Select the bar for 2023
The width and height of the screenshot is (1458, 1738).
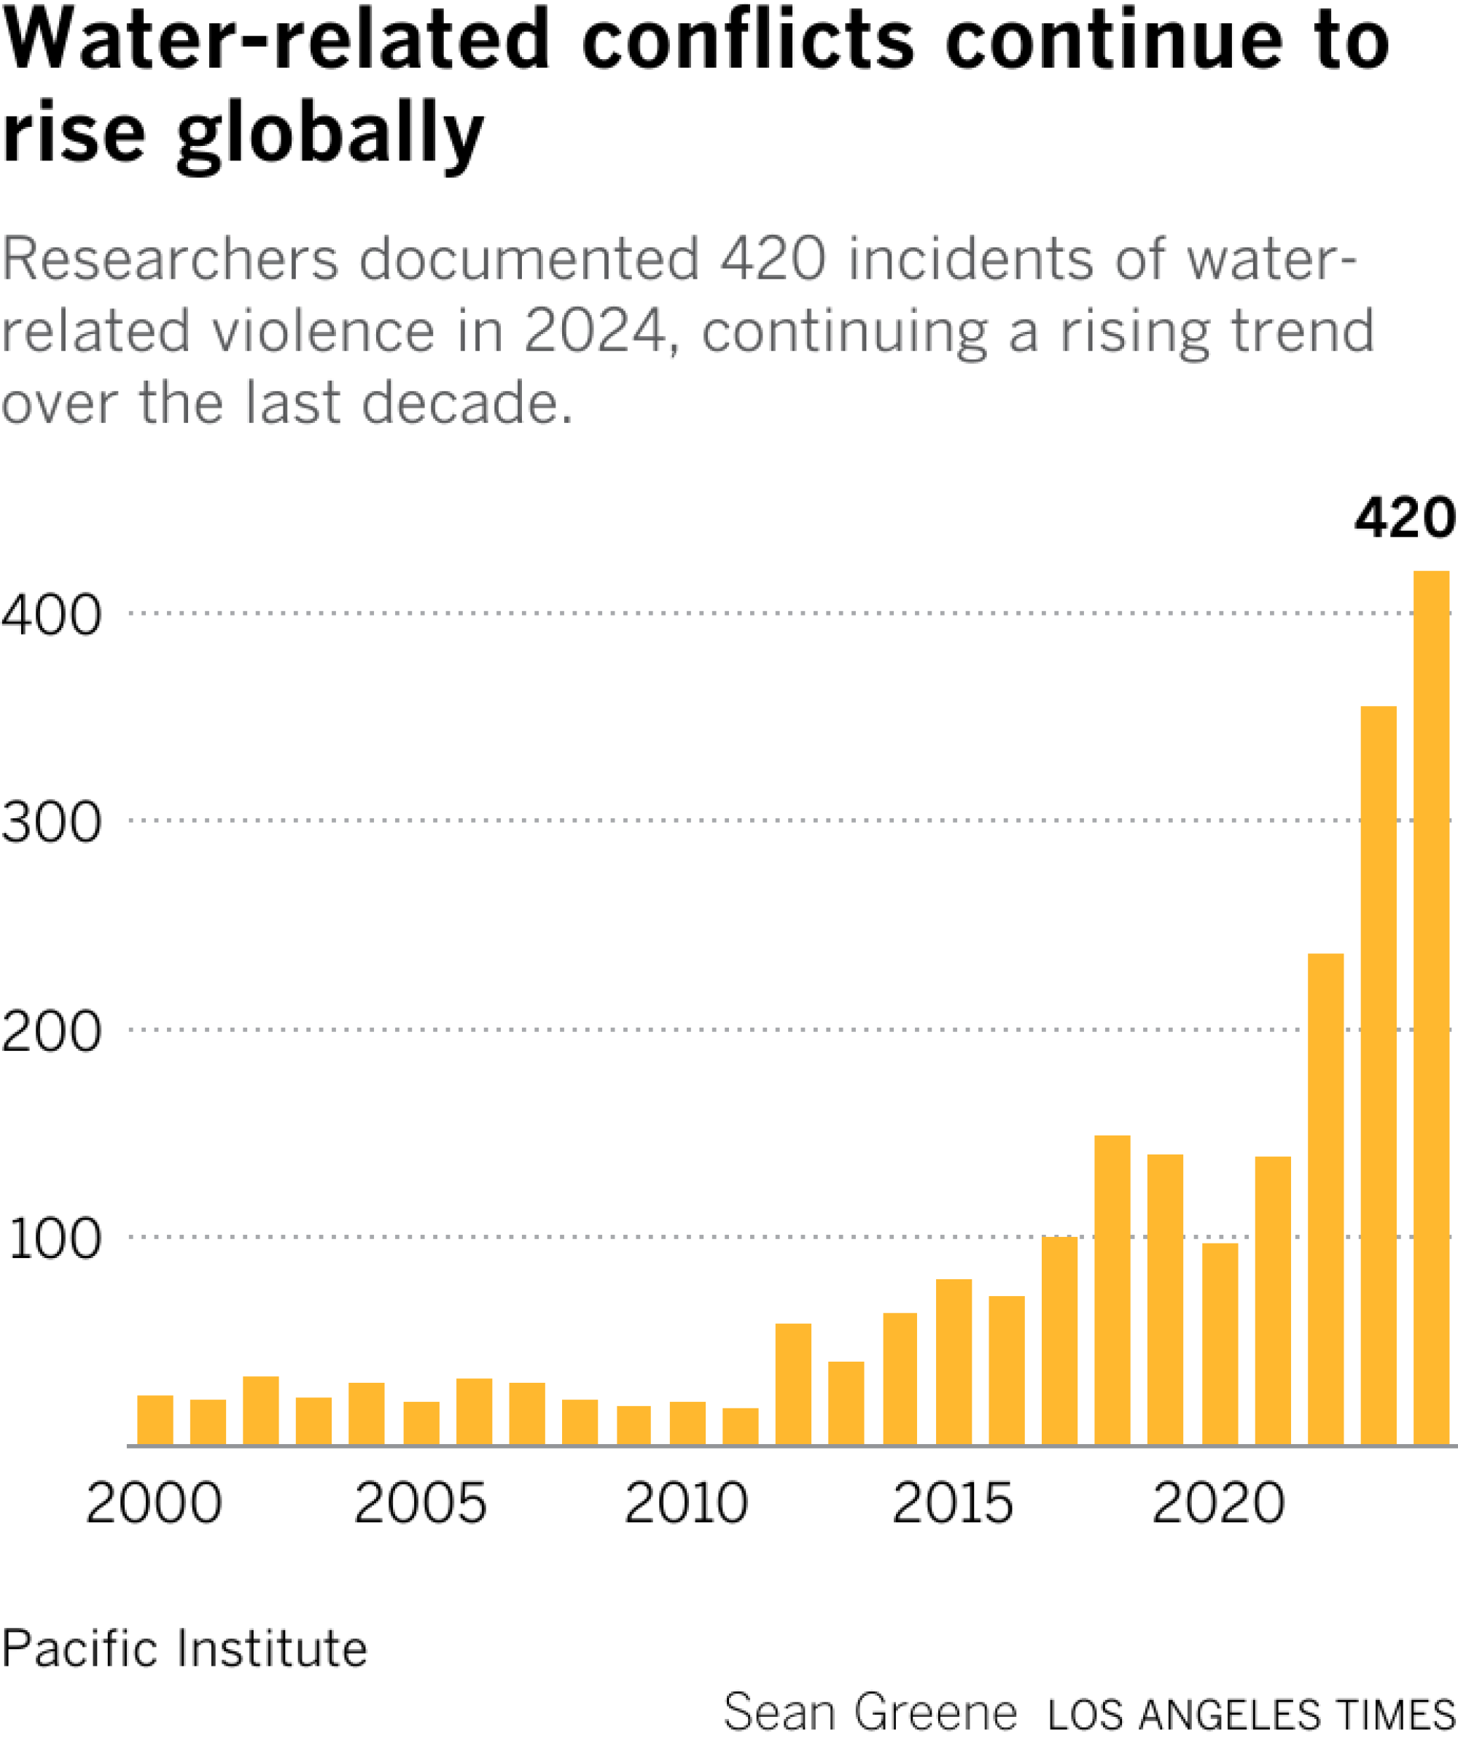tap(1378, 1075)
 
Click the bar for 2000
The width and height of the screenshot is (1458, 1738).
tap(155, 1419)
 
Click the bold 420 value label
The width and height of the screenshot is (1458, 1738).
tap(1403, 519)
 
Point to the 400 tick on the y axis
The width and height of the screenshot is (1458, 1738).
tap(51, 615)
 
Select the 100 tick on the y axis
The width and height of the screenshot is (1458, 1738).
tap(55, 1239)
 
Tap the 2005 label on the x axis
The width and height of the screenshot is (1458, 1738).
tap(421, 1503)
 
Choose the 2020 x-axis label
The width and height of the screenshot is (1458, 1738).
tap(1218, 1503)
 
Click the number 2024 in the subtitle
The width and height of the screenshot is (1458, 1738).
tap(594, 331)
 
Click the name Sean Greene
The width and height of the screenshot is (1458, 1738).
tap(870, 1712)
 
